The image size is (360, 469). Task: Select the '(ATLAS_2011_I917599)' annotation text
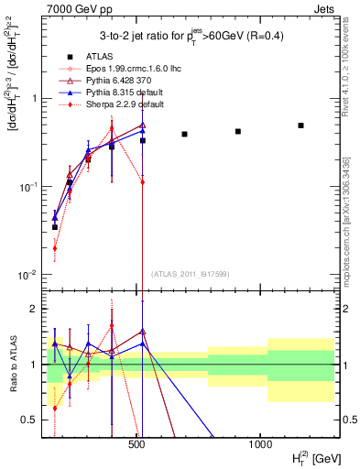pos(190,273)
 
